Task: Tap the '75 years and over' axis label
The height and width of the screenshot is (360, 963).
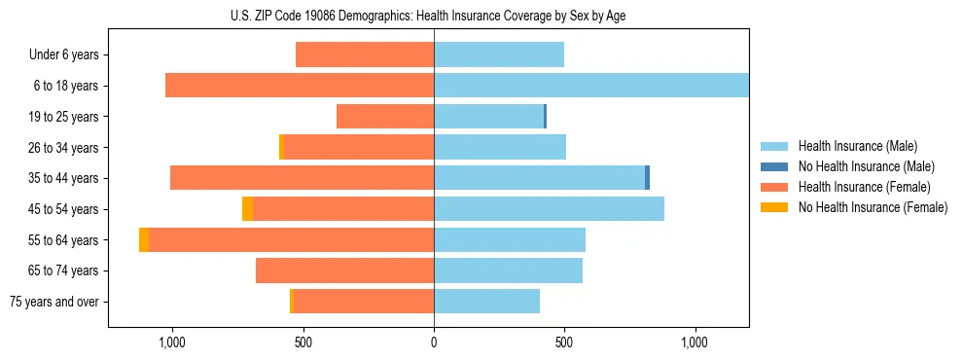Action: coord(54,302)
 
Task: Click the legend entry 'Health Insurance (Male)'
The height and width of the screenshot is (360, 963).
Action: coord(857,146)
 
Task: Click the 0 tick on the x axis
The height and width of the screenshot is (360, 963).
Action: coord(434,342)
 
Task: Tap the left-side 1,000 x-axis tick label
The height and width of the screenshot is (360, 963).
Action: coord(172,342)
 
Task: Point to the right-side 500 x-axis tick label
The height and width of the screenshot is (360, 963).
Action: coord(564,342)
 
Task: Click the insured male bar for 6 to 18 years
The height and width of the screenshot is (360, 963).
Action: coord(591,86)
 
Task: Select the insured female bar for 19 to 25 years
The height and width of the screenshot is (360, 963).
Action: coord(385,117)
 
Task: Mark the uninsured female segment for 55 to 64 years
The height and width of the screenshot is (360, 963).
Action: coord(144,240)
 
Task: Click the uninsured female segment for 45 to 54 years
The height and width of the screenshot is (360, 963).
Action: coord(248,209)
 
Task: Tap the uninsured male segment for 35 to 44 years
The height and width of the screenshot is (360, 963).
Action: coord(647,178)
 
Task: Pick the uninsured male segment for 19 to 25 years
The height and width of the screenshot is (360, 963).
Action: coord(545,117)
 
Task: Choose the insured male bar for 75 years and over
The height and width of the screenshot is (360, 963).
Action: coord(486,302)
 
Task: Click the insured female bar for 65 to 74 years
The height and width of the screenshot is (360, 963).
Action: coord(344,270)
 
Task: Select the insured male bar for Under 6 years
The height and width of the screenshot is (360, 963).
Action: coord(499,54)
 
